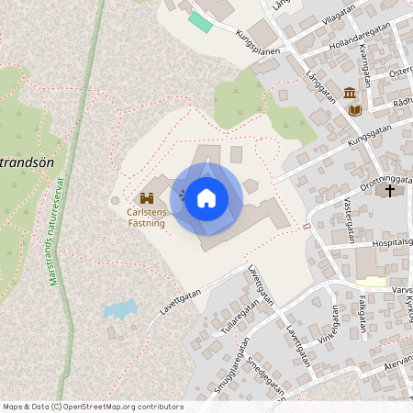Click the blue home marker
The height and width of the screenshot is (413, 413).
coord(206,197)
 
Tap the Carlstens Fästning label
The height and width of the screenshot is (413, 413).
coord(146,217)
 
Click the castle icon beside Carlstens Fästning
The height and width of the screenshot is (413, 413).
coord(147,197)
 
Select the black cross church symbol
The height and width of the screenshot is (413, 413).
coord(390,191)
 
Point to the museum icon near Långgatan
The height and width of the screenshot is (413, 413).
coord(350,93)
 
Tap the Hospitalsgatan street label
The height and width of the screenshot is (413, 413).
coord(379,244)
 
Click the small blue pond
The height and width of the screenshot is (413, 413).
coord(120,309)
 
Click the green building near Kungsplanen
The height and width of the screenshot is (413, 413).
coord(200,21)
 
